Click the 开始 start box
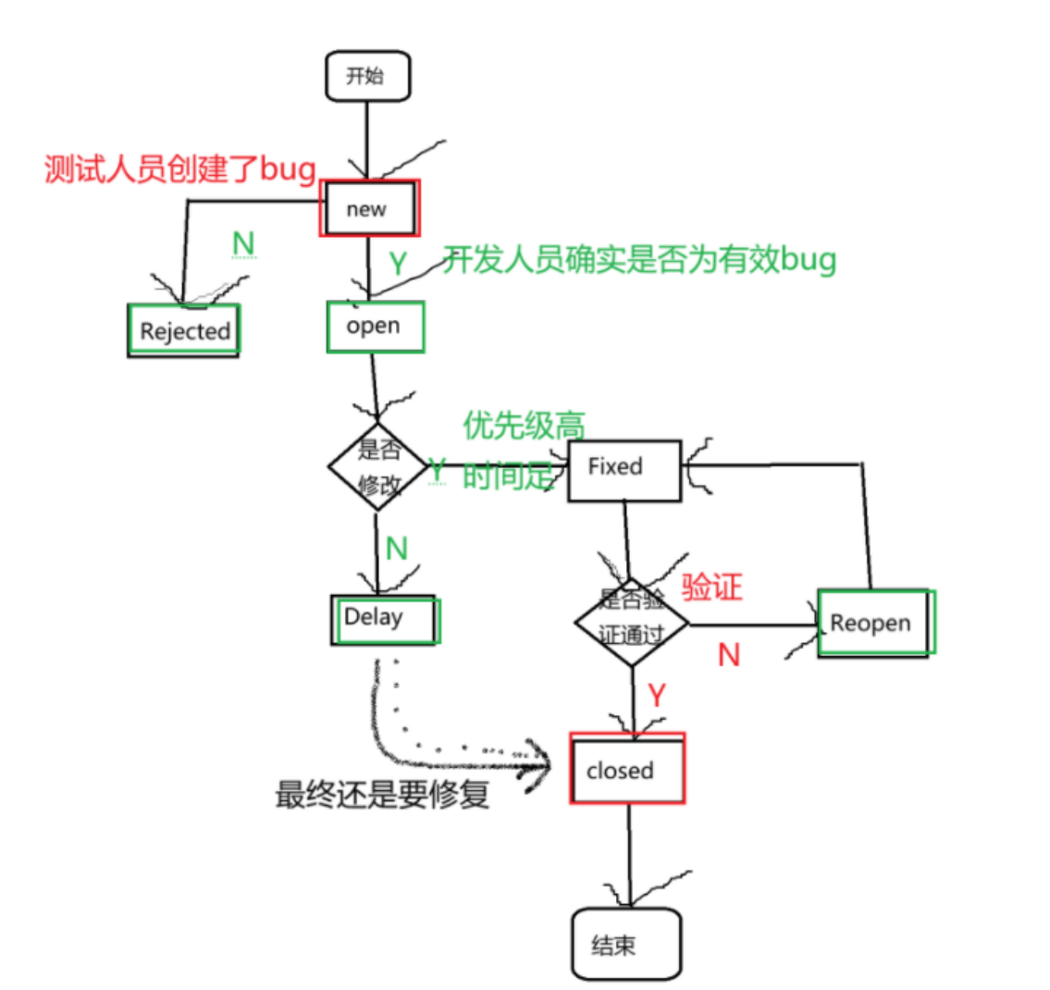(x=367, y=76)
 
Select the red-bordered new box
(x=369, y=208)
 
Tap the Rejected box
(x=183, y=330)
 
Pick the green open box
(x=375, y=326)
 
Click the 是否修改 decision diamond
(x=378, y=466)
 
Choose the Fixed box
(x=624, y=470)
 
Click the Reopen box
(x=874, y=623)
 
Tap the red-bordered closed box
(x=626, y=769)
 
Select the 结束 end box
(x=625, y=945)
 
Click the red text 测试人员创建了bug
(x=180, y=169)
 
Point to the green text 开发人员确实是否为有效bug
(x=639, y=259)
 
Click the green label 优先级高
(x=524, y=425)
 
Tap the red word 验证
(x=711, y=588)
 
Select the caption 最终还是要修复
(x=382, y=795)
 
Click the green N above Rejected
(x=242, y=243)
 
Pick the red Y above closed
(x=656, y=695)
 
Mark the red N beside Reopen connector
(x=729, y=655)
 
